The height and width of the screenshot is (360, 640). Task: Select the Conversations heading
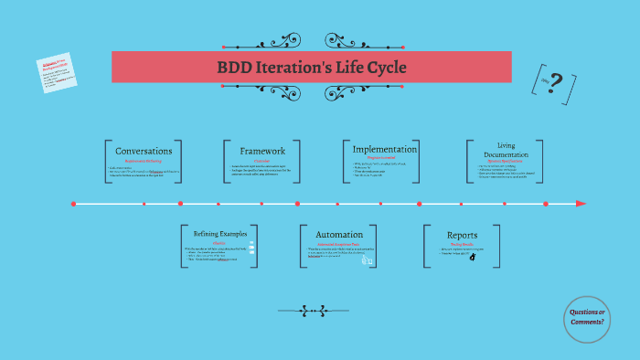pos(144,151)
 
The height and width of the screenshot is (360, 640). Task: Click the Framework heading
pos(262,151)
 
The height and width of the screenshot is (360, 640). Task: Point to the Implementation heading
pos(385,149)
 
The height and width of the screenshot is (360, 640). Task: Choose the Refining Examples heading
pos(212,234)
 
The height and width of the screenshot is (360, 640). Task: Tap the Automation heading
pos(339,235)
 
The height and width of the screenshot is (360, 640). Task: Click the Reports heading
pos(462,235)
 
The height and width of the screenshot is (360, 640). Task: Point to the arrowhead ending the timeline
pos(581,204)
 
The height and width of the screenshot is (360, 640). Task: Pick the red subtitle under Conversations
pos(144,162)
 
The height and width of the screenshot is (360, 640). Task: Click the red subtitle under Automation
pos(338,245)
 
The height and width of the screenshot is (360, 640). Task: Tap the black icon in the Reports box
pos(473,258)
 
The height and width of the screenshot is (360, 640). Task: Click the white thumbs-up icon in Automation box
pos(367,260)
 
